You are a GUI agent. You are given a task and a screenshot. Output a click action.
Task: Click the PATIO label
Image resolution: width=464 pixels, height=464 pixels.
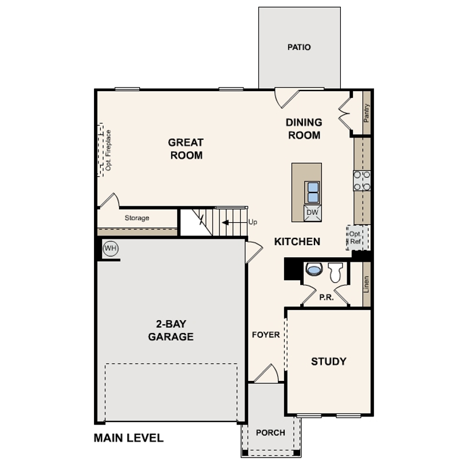[x=299, y=48]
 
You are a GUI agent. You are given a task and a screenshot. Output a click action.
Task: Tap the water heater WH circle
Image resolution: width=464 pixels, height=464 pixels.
[x=111, y=248]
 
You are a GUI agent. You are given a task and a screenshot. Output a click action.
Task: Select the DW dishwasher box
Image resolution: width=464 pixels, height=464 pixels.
[x=312, y=212]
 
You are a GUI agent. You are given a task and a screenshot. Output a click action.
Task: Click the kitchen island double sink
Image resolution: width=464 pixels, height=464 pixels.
[x=312, y=192]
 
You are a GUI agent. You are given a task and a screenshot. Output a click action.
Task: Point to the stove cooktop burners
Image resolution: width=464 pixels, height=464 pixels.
[x=362, y=180]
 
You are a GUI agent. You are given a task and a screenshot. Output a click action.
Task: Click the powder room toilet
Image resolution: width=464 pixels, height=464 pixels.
[x=335, y=272]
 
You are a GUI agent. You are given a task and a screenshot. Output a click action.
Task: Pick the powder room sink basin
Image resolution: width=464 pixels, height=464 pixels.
[x=314, y=269]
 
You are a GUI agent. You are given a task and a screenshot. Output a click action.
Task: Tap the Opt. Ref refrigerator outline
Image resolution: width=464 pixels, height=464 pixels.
[x=358, y=238]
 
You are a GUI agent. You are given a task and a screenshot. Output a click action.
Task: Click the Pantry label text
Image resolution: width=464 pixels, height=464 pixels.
[x=367, y=113]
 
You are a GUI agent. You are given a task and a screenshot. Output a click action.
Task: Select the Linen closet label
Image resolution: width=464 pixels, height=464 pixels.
[x=367, y=284]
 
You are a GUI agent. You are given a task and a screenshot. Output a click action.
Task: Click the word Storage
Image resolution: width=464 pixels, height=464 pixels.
[x=137, y=218]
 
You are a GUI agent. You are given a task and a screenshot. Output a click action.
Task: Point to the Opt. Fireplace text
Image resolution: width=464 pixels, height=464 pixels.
[x=108, y=150]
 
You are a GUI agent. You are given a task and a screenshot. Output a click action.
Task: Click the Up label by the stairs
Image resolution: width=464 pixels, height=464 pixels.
[x=253, y=222]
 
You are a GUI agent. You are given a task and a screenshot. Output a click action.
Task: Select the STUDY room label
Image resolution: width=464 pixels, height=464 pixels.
[x=328, y=361]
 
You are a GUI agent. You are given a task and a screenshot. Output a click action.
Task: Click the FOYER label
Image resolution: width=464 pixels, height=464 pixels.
[x=266, y=335]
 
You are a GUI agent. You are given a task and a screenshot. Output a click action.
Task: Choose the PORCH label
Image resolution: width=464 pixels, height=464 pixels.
[x=270, y=432]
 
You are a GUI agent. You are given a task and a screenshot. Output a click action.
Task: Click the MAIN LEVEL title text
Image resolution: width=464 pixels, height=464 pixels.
[x=128, y=438]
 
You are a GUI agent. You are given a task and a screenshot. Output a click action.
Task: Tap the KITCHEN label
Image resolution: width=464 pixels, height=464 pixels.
[x=297, y=242]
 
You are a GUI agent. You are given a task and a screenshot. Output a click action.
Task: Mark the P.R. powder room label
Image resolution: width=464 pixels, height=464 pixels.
[x=327, y=297]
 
